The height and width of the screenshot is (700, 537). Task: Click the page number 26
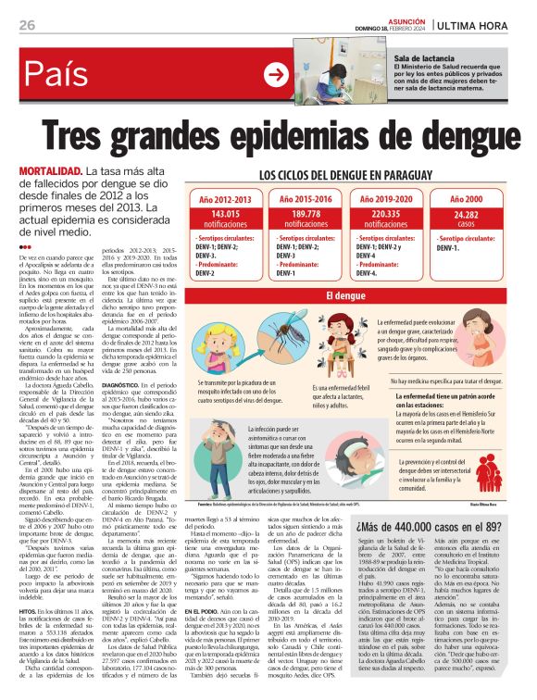(x=26, y=25)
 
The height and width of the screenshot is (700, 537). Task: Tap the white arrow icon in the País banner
(x=275, y=75)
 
